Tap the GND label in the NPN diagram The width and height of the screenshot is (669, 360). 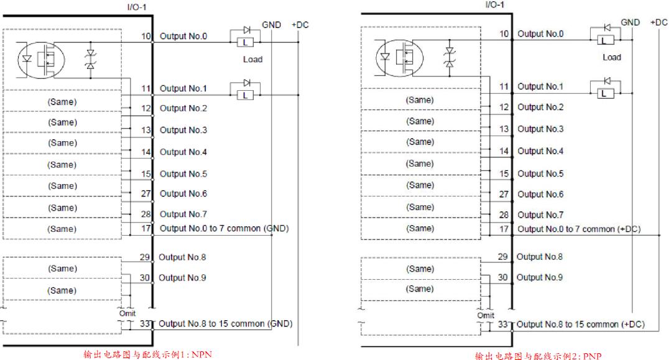pos(271,25)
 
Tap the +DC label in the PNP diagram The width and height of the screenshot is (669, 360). pos(659,22)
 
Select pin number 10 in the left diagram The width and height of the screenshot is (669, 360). pos(146,37)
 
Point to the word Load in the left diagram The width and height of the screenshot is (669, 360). pos(253,59)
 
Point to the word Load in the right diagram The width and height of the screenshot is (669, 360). pos(611,57)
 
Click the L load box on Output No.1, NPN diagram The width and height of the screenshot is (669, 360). pos(246,95)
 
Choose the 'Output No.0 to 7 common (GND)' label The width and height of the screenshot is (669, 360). pos(224,229)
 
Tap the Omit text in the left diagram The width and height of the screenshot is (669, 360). pos(127,313)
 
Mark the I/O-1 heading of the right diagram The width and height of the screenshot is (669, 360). pos(494,5)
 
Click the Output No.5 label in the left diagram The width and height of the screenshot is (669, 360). pos(183,174)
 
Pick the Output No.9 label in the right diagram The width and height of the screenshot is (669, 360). pos(540,277)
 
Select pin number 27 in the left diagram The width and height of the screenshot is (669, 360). pos(146,193)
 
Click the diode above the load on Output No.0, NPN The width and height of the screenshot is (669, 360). pos(246,29)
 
